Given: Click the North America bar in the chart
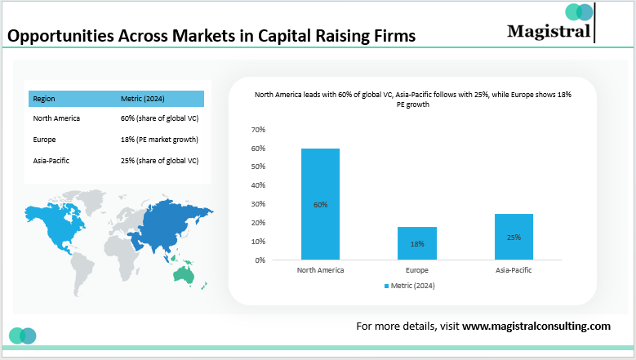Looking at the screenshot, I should coord(320,204).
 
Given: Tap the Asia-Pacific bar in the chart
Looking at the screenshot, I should coord(514,237).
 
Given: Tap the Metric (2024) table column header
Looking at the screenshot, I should coord(143,99).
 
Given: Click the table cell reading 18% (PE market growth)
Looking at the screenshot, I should coord(159,140).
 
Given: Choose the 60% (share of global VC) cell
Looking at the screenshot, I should coord(159,118).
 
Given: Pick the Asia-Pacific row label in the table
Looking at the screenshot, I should coord(51,161).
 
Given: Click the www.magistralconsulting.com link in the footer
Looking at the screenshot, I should coord(536,326).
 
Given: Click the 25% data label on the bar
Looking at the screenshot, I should coord(514,237).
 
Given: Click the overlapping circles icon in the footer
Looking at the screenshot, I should coord(22,335).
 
